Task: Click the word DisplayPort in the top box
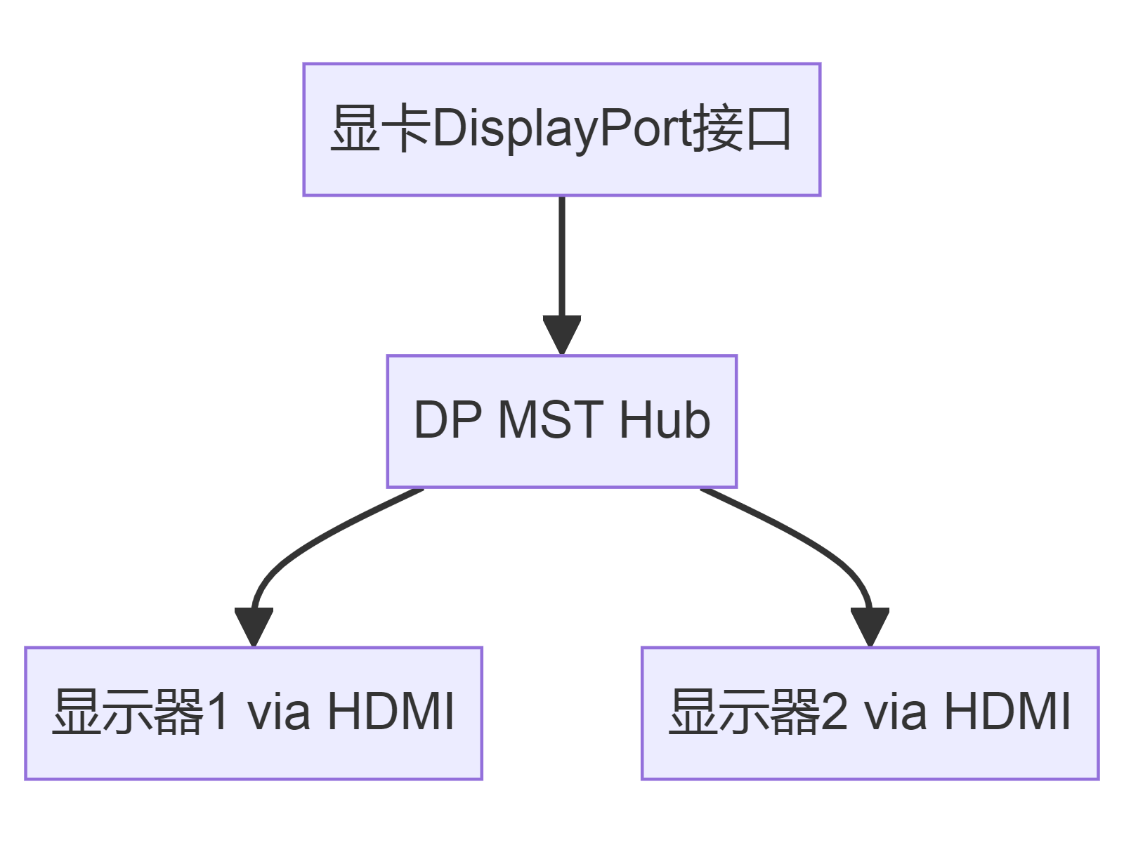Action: point(562,130)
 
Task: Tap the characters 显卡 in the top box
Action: point(380,130)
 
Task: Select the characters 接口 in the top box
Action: point(743,130)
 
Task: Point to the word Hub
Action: point(665,420)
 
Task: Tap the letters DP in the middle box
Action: point(447,420)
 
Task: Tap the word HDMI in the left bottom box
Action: point(391,712)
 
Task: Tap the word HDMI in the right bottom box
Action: point(1007,712)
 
